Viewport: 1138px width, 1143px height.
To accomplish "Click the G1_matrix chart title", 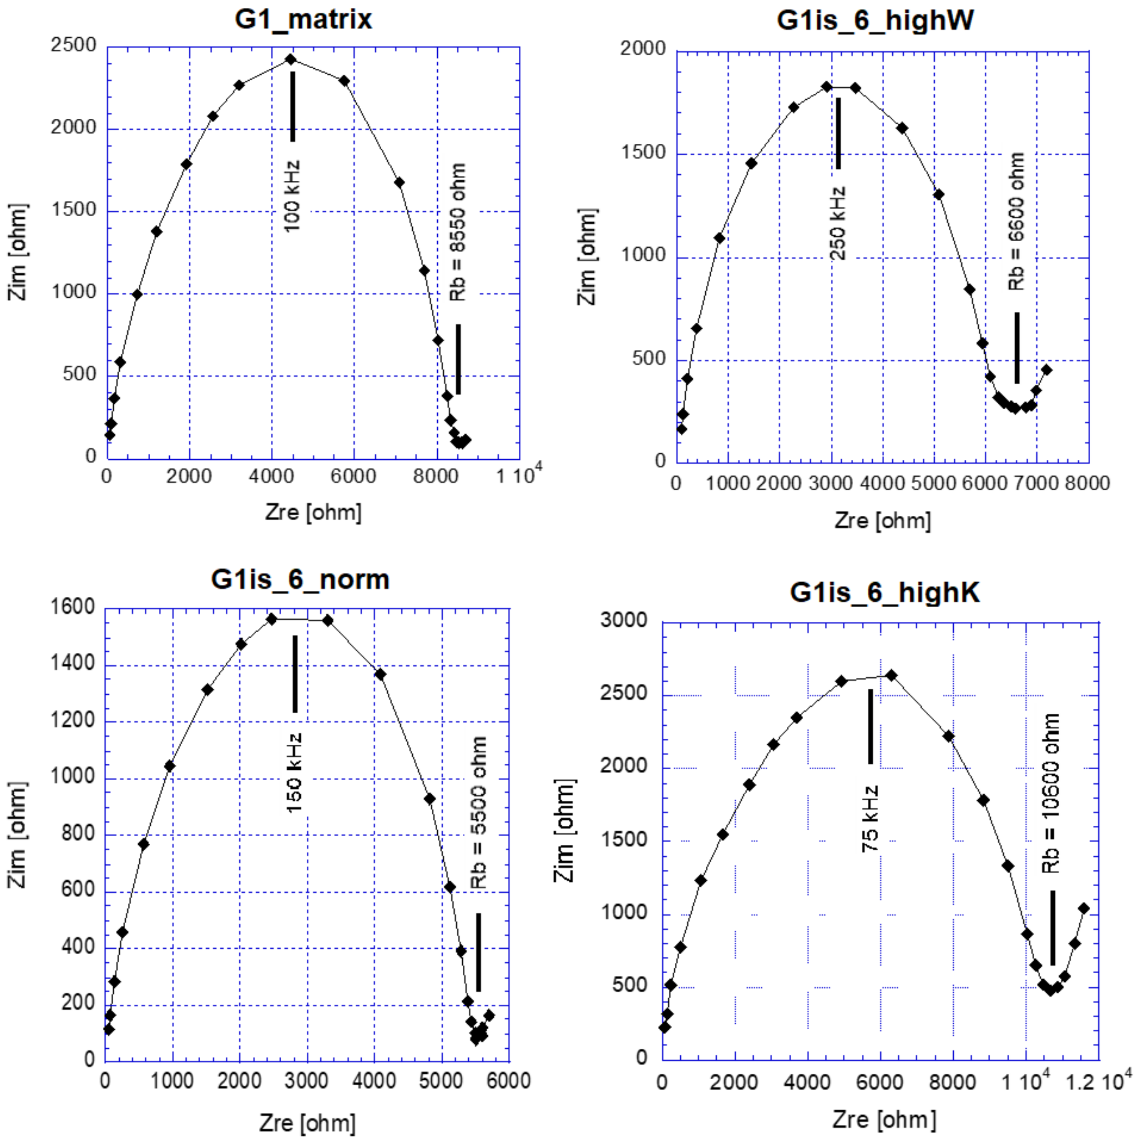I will [x=303, y=19].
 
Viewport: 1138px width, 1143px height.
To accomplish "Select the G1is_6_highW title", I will [x=875, y=20].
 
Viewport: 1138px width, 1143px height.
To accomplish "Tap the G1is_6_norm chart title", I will [x=300, y=579].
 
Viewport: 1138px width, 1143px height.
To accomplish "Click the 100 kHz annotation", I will [x=292, y=196].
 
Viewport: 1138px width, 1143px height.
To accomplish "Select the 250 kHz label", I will [x=838, y=224].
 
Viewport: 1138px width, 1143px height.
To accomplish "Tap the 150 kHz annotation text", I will [x=294, y=773].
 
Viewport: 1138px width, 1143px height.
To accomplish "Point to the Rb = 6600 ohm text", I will [x=1016, y=222].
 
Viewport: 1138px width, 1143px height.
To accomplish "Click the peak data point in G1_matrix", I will [x=290, y=59].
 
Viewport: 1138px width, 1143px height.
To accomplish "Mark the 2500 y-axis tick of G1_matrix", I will [x=73, y=45].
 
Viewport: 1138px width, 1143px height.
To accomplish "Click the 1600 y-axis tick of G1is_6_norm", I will [x=73, y=607].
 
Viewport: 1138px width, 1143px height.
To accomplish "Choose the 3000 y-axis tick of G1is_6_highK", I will [x=624, y=620].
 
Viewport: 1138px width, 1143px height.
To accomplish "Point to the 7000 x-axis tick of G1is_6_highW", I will [x=1035, y=483].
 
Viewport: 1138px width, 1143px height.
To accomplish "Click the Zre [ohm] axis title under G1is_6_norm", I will [x=307, y=1123].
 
